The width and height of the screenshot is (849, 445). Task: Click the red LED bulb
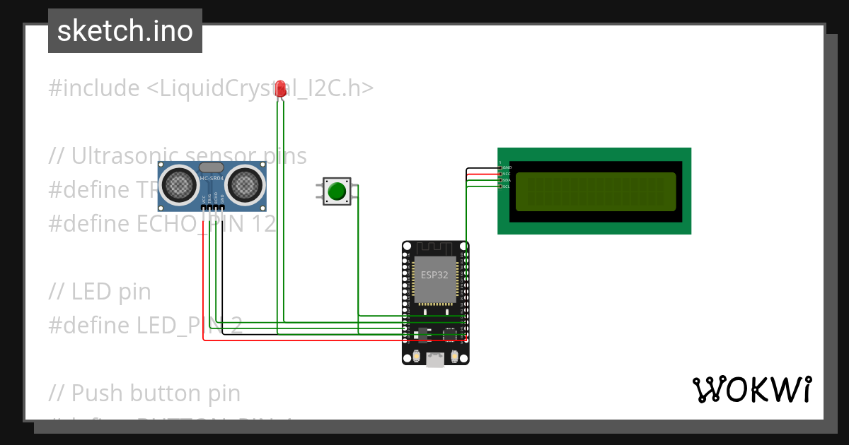281,88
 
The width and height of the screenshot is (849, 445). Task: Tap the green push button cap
337,191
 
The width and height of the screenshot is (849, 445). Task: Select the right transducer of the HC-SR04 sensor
245,184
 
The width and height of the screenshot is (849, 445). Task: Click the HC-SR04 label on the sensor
212,178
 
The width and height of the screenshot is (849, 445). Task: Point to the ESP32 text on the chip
434,275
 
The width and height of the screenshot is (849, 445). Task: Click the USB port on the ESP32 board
435,360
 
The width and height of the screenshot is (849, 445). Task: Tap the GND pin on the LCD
501,167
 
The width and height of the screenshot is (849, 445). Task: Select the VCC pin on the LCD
501,174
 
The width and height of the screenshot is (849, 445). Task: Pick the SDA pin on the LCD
501,180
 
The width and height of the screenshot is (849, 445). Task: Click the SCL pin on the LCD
501,186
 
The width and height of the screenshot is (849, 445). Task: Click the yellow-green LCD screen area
595,191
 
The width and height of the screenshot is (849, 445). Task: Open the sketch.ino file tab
125,31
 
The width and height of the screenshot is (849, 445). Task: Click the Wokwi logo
751,390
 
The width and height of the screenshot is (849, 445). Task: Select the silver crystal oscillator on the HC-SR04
212,167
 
